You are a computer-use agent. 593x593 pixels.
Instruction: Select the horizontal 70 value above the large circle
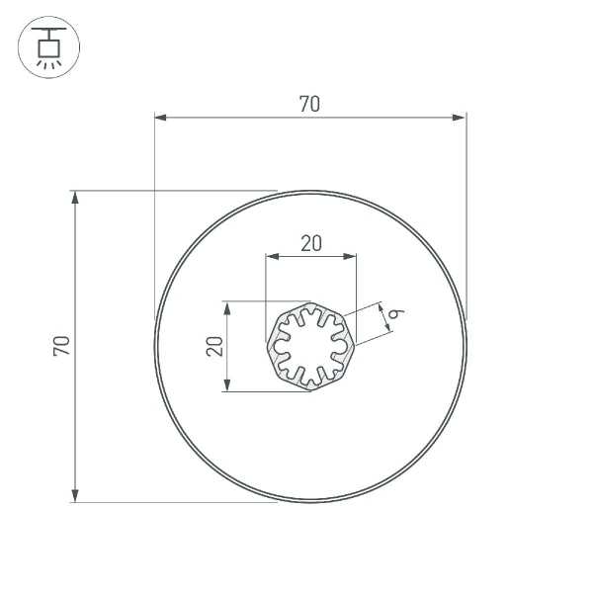[309, 104]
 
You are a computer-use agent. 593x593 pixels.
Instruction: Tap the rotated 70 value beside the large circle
[61, 346]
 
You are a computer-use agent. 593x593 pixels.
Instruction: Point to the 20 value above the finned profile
[311, 243]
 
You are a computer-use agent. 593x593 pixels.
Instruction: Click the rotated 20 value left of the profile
[213, 346]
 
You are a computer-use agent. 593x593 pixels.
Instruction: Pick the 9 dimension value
[393, 313]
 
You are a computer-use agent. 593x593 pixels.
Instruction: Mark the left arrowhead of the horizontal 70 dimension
[160, 118]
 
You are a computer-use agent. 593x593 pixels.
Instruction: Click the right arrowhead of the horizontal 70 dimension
[460, 118]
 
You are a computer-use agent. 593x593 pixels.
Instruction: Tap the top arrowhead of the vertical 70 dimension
[76, 197]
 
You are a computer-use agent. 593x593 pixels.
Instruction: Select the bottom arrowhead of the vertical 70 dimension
[76, 496]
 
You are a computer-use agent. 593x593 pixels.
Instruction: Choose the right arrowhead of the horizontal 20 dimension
[350, 256]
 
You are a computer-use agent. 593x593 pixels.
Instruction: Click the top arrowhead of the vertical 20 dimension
[227, 307]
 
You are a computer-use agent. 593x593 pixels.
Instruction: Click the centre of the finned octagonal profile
[310, 346]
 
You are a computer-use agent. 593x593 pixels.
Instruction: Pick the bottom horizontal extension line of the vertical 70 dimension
[178, 502]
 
